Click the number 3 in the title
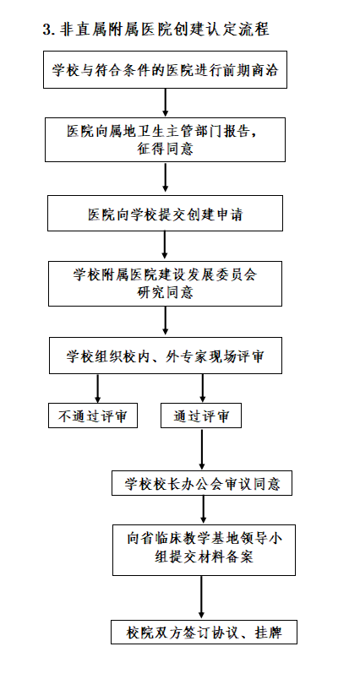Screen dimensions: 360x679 [x=46, y=29]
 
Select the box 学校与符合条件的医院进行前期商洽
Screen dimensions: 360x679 [x=165, y=70]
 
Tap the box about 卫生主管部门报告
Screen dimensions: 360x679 [x=165, y=139]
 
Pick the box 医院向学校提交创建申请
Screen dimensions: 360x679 [x=165, y=213]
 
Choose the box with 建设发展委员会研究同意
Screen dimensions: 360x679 [x=165, y=283]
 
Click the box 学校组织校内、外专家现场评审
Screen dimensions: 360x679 [x=166, y=356]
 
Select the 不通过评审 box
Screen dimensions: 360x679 [x=93, y=416]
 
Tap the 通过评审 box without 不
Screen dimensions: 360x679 [x=201, y=416]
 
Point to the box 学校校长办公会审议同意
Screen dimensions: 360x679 [x=202, y=483]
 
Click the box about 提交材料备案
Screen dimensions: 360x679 [x=204, y=550]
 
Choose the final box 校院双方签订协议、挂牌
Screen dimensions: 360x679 [x=204, y=632]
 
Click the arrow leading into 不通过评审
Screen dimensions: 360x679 [x=97, y=388]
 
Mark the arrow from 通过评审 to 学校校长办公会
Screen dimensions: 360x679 [x=202, y=449]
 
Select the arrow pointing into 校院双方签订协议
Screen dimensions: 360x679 [x=201, y=598]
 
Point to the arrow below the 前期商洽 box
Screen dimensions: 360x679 [x=165, y=103]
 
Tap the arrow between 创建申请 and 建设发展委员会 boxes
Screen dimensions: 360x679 [x=165, y=246]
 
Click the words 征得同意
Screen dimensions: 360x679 [x=165, y=149]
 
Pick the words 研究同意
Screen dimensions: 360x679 [x=165, y=292]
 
